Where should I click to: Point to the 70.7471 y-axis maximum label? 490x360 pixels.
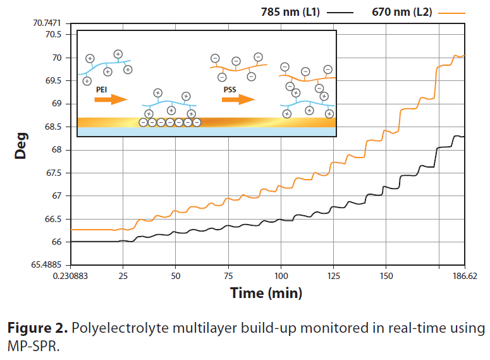pyautogui.click(x=47, y=23)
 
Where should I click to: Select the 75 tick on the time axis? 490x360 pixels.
pyautogui.click(x=228, y=276)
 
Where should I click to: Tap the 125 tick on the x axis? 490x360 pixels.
pyautogui.click(x=334, y=276)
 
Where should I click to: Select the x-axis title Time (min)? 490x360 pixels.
pyautogui.click(x=266, y=293)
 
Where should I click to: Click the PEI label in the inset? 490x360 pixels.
pyautogui.click(x=101, y=90)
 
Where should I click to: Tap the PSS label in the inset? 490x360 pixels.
pyautogui.click(x=230, y=90)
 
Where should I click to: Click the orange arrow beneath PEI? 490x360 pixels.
pyautogui.click(x=111, y=99)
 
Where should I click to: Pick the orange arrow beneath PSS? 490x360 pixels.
pyautogui.click(x=239, y=99)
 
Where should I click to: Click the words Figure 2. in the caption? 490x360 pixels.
pyautogui.click(x=37, y=329)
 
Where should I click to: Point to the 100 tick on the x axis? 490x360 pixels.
pyautogui.click(x=281, y=276)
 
